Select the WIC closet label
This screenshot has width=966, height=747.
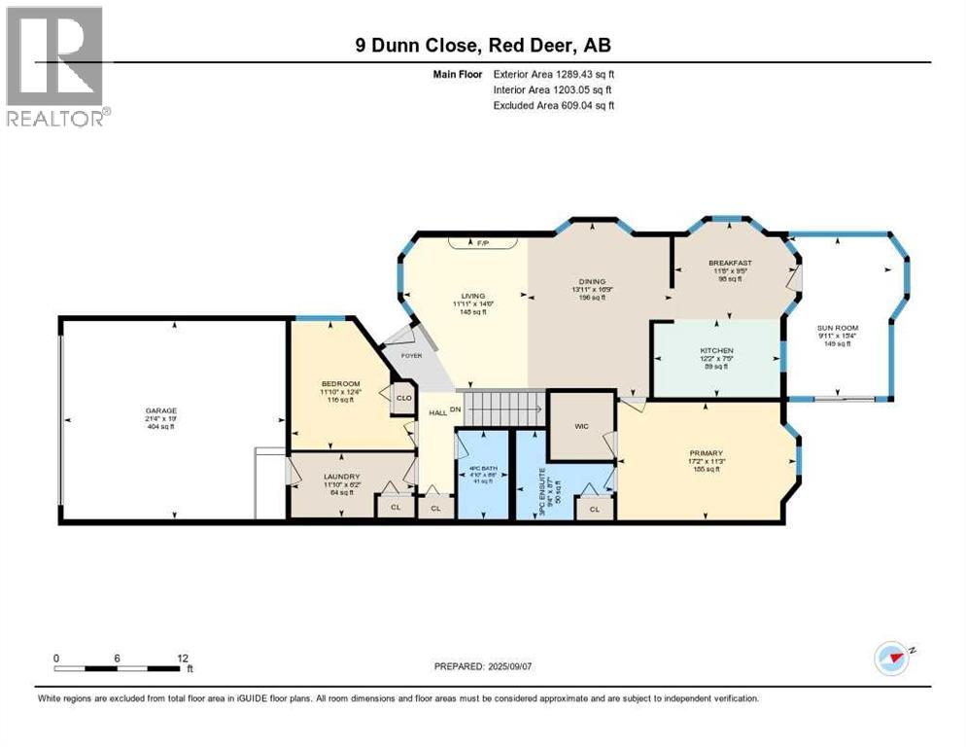pos(581,425)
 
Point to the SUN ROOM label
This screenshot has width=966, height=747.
pos(838,329)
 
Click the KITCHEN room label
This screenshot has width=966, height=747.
pos(716,350)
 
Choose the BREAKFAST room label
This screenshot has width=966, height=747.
pos(731,263)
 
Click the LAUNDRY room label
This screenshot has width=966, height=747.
pos(342,477)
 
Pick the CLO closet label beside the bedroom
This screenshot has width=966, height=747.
pos(402,397)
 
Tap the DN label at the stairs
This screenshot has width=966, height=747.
pos(454,409)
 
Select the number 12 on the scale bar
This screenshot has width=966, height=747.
pos(183,658)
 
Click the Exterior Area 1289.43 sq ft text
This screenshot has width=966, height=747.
pos(554,73)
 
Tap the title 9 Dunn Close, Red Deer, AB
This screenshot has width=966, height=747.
pos(483,45)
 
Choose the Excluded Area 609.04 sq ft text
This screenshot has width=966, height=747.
pos(554,105)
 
